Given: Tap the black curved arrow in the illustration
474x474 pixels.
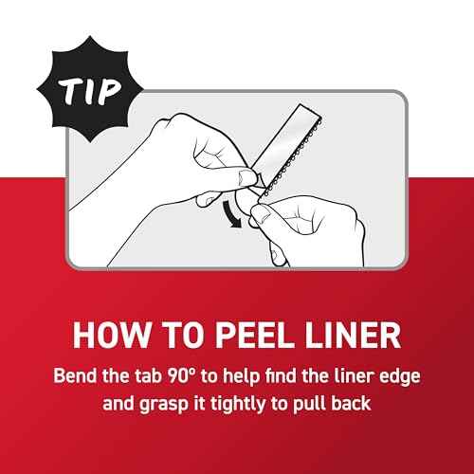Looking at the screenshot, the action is [x=230, y=215].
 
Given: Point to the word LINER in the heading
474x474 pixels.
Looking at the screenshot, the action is [x=353, y=335].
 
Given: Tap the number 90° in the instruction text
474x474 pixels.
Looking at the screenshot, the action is [x=180, y=375].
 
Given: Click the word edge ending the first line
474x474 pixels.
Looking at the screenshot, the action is [x=400, y=377].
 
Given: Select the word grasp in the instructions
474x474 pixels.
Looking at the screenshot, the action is [x=164, y=405].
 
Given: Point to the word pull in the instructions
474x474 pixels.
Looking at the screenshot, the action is [x=309, y=405].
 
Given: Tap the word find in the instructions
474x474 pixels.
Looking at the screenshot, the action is [x=281, y=375].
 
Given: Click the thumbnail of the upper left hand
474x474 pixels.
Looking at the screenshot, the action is [x=246, y=177].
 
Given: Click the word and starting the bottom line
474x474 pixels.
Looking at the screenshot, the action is [x=118, y=404].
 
